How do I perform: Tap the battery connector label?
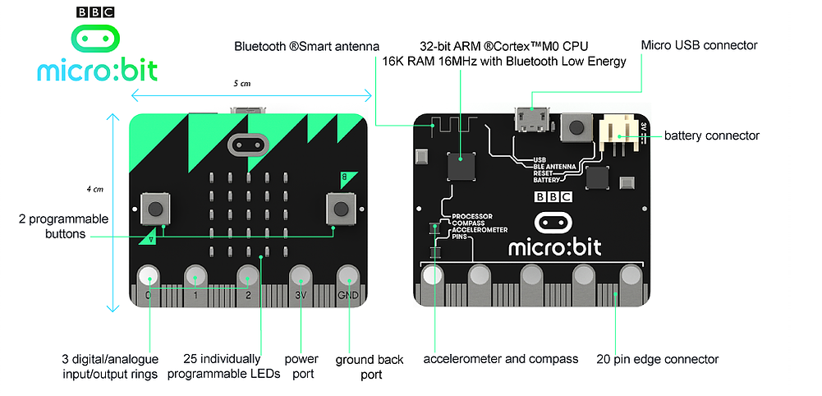pos(711,136)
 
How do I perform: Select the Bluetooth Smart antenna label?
pos(305,46)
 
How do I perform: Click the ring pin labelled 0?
pos(149,275)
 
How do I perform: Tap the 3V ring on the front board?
pos(301,275)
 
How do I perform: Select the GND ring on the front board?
pos(347,275)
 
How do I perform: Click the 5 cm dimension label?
pos(242,84)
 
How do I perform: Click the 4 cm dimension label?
pos(95,190)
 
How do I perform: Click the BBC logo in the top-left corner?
pos(95,12)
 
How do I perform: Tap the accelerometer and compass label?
pos(501,359)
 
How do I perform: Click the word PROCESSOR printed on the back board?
pos(471,216)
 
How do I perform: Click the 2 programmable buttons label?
pos(64,226)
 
